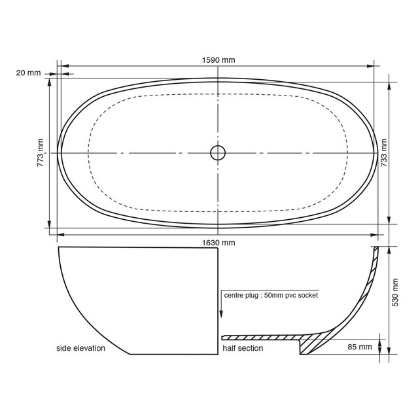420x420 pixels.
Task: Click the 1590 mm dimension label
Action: [219, 60]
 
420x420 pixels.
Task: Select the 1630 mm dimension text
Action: [219, 242]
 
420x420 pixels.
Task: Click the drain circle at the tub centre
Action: [218, 152]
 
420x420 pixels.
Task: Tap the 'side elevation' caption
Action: [80, 348]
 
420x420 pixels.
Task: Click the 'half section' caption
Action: [243, 348]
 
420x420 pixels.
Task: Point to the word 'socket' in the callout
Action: [306, 296]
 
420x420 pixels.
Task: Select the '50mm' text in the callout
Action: [276, 296]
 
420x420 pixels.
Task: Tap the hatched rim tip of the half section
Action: [375, 251]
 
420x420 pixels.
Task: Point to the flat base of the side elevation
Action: [173, 354]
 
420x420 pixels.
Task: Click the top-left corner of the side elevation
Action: [59, 248]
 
